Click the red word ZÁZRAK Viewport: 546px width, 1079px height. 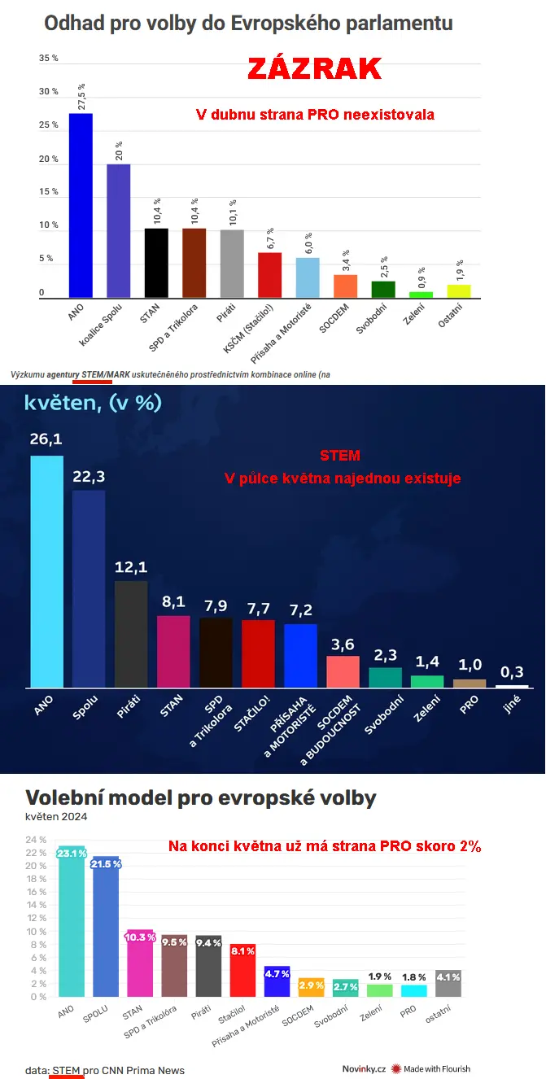314,69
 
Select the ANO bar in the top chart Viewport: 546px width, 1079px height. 81,205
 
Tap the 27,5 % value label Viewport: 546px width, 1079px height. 81,96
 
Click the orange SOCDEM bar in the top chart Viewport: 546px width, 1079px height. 345,286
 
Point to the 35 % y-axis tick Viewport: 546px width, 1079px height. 49,59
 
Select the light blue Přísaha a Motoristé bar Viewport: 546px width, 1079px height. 307,277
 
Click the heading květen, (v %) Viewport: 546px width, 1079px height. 93,403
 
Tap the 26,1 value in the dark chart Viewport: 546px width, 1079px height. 46,439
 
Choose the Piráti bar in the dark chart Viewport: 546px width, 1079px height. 131,634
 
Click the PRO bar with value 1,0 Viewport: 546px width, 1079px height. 470,683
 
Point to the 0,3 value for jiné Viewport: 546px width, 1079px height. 512,672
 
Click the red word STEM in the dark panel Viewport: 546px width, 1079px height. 340,456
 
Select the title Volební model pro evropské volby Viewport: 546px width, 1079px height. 201,797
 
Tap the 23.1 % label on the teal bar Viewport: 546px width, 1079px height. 72,854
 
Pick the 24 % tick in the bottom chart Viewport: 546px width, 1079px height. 36,840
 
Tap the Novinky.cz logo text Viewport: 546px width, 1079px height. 364,1068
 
